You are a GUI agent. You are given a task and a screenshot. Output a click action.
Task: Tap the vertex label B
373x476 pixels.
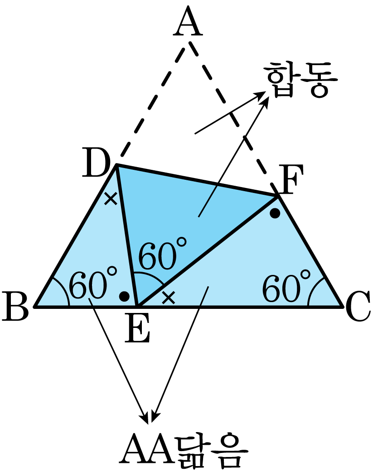point(15,306)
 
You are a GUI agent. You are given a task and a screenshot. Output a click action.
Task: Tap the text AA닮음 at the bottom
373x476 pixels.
point(184,452)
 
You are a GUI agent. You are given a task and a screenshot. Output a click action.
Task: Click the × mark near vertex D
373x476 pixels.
point(111,198)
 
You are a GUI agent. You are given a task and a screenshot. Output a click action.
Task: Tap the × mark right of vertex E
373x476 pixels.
point(169,298)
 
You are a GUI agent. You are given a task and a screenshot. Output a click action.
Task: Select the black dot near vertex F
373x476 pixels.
point(275,213)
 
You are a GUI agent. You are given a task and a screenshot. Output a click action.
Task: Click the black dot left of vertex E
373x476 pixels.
point(124,296)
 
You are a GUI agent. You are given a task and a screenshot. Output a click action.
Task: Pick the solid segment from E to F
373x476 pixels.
point(208,251)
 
